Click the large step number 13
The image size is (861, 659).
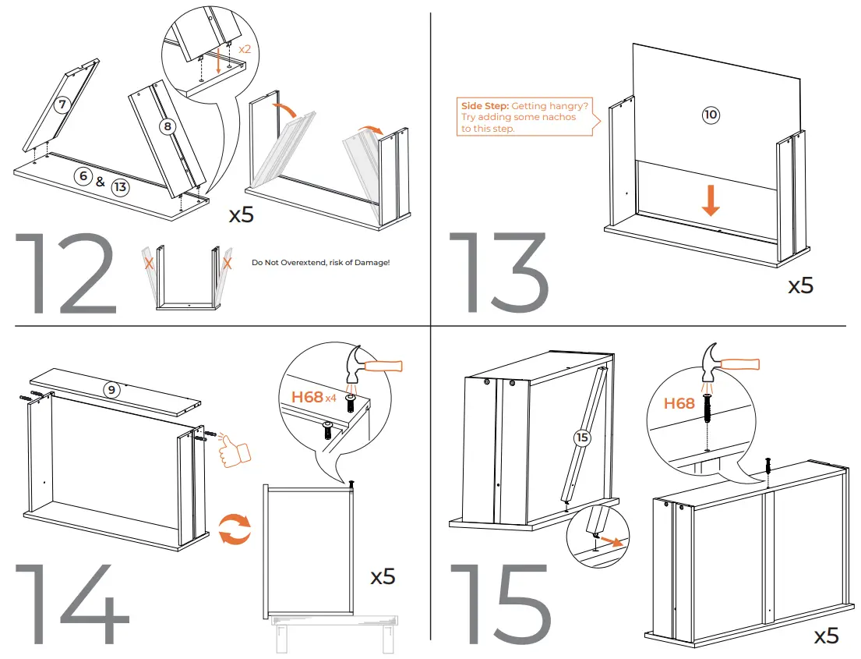tap(499, 274)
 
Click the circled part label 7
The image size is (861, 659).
tap(62, 104)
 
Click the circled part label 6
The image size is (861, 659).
tap(83, 176)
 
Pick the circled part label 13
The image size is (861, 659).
tap(119, 187)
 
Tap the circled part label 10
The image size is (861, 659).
tap(711, 115)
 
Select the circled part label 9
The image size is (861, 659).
tap(112, 390)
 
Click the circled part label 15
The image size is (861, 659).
tap(582, 438)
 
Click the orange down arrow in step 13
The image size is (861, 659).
tap(711, 200)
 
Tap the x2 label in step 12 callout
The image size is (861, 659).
tap(245, 48)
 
